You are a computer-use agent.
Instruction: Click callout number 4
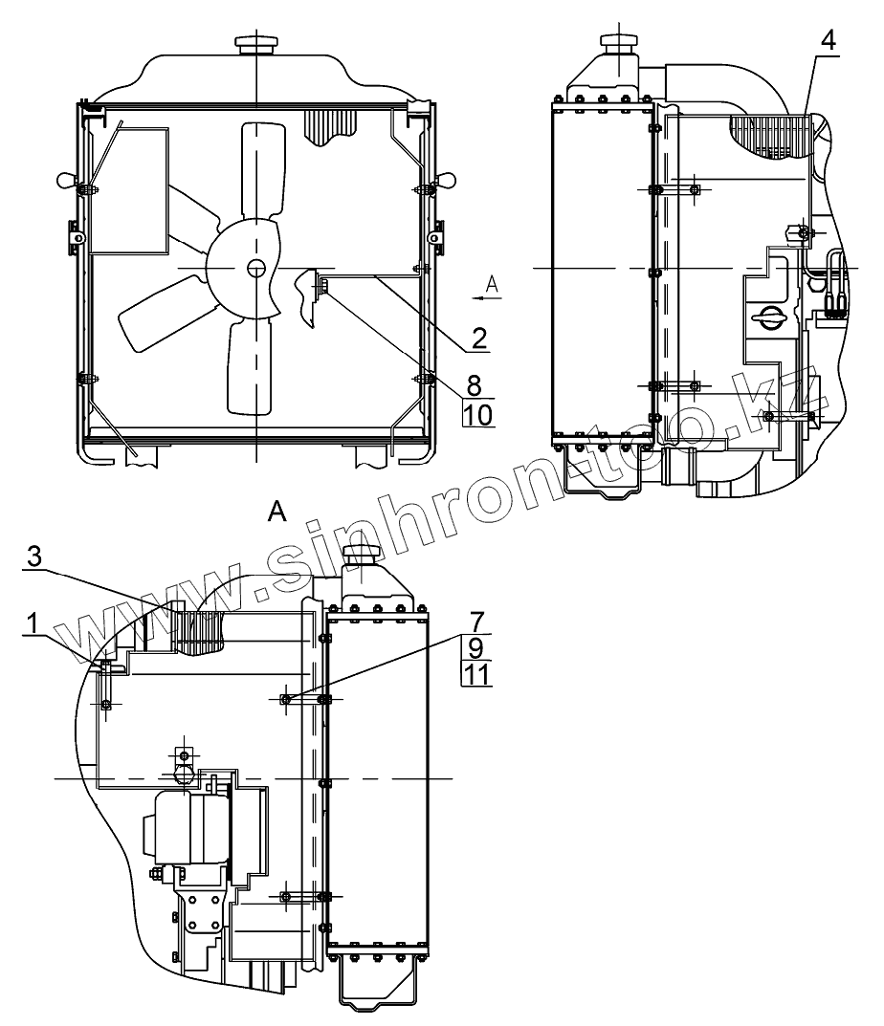pyautogui.click(x=829, y=40)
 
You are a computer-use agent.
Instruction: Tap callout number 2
pyautogui.click(x=479, y=338)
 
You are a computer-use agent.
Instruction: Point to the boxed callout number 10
pyautogui.click(x=478, y=414)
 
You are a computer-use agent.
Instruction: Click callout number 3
pyautogui.click(x=34, y=557)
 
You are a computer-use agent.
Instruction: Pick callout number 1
pyautogui.click(x=31, y=623)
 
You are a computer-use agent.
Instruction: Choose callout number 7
pyautogui.click(x=477, y=621)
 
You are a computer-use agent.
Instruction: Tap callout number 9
pyautogui.click(x=476, y=647)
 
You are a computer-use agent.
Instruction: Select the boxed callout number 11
pyautogui.click(x=476, y=673)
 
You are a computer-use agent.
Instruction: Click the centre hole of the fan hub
pyautogui.click(x=256, y=268)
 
